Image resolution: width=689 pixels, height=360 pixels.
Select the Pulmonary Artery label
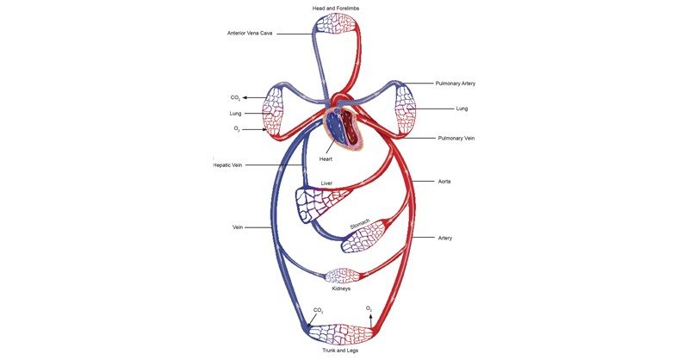click(456, 84)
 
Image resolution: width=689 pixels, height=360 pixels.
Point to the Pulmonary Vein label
click(456, 138)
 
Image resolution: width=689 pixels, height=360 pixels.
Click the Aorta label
click(446, 183)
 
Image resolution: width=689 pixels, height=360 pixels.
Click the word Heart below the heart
click(326, 159)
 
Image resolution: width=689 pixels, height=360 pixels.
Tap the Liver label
click(326, 183)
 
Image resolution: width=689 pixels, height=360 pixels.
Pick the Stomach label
click(359, 225)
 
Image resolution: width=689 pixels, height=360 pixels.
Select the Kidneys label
click(342, 289)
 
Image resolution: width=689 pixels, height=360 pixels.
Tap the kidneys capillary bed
click(343, 276)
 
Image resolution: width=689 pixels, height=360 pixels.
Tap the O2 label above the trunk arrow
click(369, 307)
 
